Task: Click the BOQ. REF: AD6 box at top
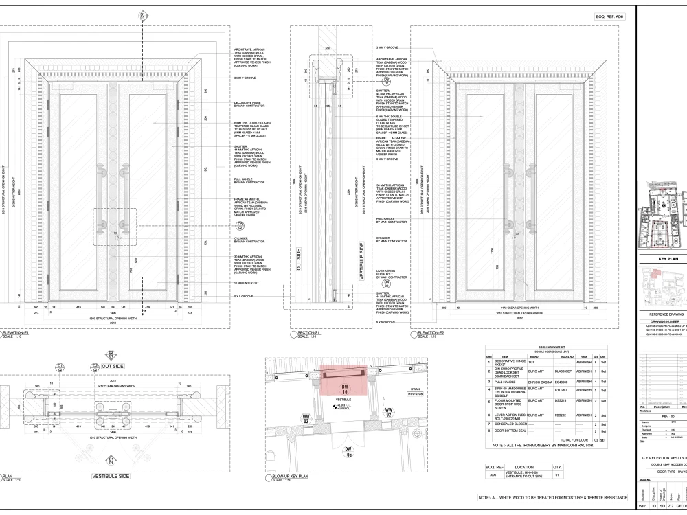tap(609, 15)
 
